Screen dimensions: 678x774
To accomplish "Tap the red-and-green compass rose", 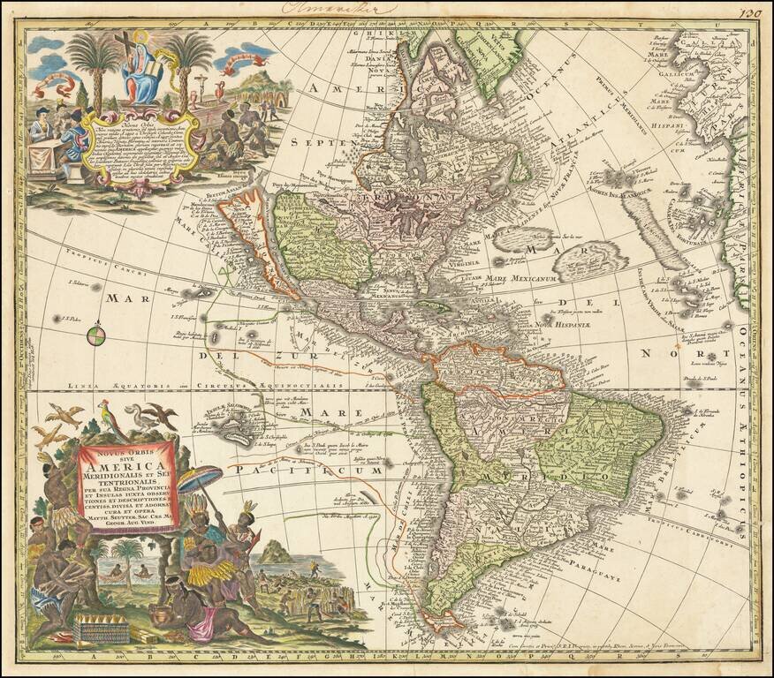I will point(96,335).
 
